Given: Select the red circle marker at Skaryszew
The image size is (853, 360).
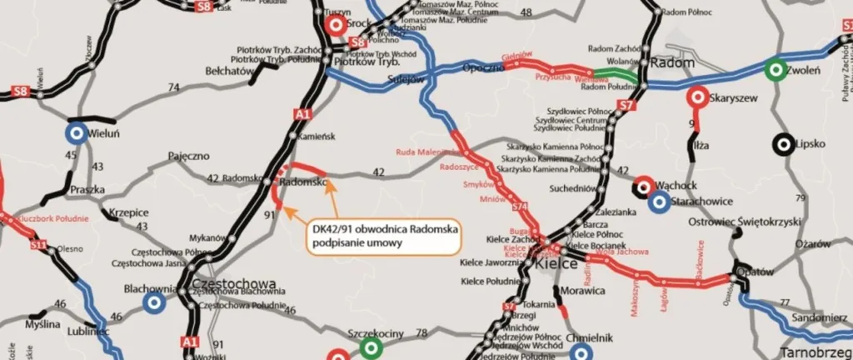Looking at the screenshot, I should pos(696,97).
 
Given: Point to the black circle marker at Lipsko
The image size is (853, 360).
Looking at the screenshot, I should pos(782,144).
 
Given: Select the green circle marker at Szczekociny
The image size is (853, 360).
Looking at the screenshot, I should pos(372,347).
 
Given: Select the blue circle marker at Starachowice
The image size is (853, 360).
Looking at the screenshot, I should pos(658,201).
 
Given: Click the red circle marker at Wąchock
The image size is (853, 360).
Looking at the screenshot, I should pos(642,185).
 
